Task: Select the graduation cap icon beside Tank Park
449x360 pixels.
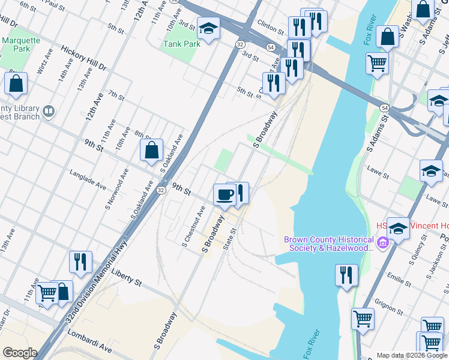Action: [x=208, y=29]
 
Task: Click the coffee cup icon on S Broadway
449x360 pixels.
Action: [x=225, y=194]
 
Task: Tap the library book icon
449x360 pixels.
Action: [x=49, y=110]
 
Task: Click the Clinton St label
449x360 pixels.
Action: [x=270, y=27]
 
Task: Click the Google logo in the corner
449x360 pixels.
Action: [x=19, y=353]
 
